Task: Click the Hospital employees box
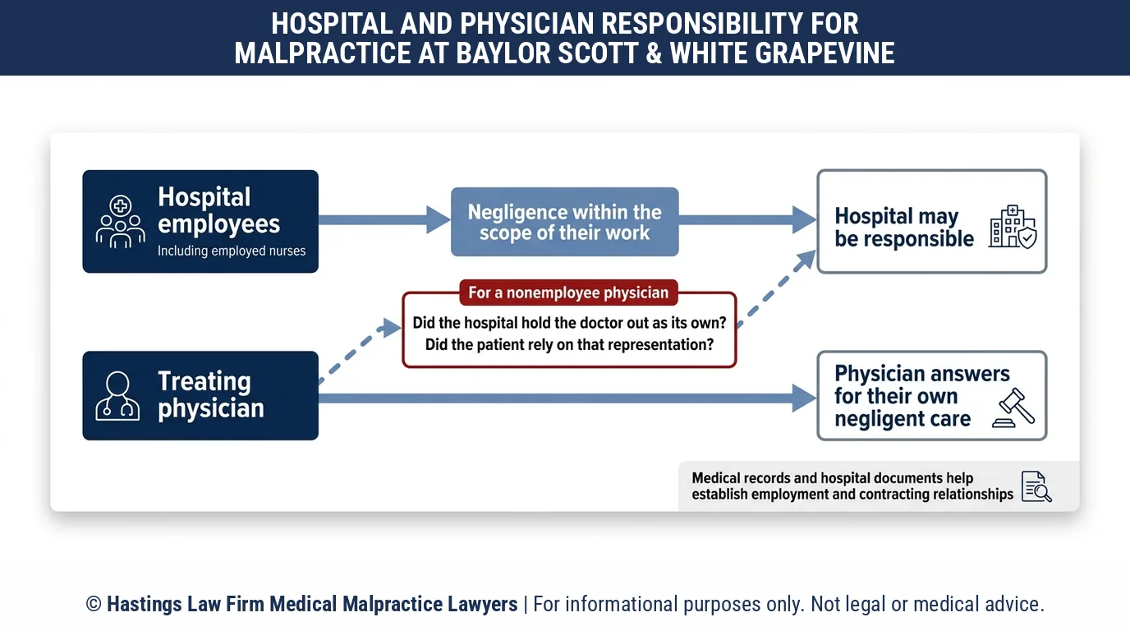[x=200, y=222]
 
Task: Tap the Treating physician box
[x=200, y=396]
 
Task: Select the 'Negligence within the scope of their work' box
[x=564, y=222]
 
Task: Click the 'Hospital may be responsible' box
[x=932, y=222]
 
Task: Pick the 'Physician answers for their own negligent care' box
[x=932, y=396]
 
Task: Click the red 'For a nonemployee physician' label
[x=568, y=292]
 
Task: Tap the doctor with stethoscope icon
[x=117, y=396]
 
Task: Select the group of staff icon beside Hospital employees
[x=120, y=222]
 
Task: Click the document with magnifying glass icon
[x=1036, y=486]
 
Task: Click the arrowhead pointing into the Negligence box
[x=438, y=219]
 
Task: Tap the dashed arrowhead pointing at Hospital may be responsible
[x=805, y=260]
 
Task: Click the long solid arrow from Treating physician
[x=567, y=398]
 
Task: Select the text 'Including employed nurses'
[x=232, y=251]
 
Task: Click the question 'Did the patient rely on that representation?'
[x=569, y=345]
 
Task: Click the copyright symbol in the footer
[x=94, y=604]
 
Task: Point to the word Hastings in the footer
[x=145, y=605]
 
